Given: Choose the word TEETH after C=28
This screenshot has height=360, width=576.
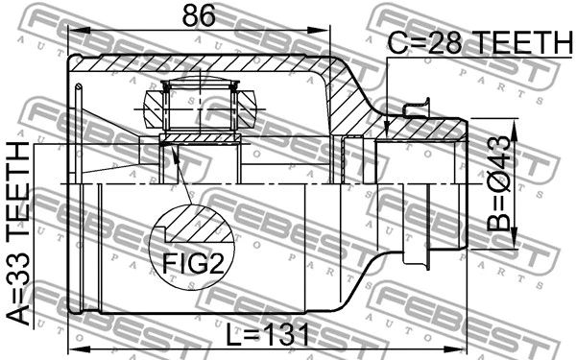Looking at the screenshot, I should tap(519, 42).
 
